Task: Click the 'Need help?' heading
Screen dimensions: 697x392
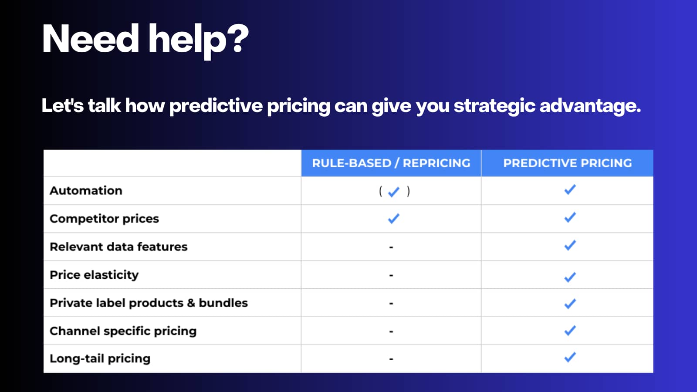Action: pos(145,40)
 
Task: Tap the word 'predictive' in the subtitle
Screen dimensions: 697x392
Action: pos(216,106)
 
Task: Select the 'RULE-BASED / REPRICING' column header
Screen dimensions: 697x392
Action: pos(391,163)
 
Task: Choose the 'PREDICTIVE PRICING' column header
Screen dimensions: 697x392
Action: pos(568,163)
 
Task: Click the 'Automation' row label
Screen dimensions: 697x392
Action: pos(86,190)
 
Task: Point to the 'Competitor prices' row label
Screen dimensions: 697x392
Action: pos(104,219)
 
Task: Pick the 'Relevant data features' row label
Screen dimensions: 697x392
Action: pos(118,247)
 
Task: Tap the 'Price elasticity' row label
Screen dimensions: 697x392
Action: pos(94,275)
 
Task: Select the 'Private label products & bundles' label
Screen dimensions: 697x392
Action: pos(149,303)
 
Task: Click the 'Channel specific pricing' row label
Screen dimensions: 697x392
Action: pos(123,331)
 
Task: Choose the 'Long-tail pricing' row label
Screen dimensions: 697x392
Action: pos(100,358)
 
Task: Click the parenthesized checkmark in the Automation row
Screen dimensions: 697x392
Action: pos(394,191)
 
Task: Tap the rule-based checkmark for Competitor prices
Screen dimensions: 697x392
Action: pos(394,218)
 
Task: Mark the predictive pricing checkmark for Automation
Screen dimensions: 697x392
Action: pos(570,189)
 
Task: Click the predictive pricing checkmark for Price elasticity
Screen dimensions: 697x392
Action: pos(570,277)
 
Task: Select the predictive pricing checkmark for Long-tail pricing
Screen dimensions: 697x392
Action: pos(570,357)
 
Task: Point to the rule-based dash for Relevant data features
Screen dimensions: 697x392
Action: pos(391,247)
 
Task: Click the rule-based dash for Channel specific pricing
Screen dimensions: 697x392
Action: pos(391,331)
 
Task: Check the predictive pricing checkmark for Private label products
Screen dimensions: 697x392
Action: pos(570,304)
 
